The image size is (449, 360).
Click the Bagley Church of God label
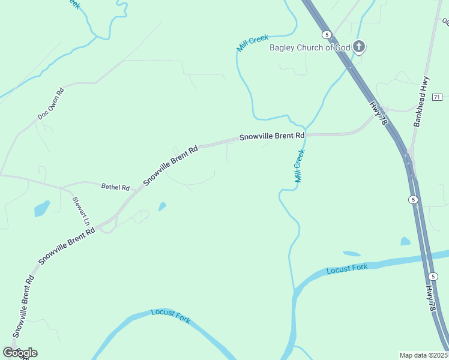[309, 48]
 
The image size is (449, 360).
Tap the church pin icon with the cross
[359, 46]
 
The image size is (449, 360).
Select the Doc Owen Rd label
[51, 102]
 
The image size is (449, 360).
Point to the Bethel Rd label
[115, 187]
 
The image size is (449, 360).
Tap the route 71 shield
[436, 97]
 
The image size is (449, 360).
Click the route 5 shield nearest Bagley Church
[326, 35]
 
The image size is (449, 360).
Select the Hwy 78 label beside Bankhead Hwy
[378, 113]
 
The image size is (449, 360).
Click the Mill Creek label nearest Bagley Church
[253, 43]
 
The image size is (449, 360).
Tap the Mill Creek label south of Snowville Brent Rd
[299, 166]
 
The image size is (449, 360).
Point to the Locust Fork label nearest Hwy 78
[346, 268]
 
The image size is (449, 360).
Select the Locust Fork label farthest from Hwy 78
[170, 316]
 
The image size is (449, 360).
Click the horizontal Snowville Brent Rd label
[272, 136]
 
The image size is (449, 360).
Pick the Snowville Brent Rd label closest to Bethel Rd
[170, 165]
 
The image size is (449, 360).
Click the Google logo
[20, 352]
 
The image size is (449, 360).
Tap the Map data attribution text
[424, 355]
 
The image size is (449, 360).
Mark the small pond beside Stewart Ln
[41, 208]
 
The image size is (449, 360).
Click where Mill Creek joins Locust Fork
[294, 290]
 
